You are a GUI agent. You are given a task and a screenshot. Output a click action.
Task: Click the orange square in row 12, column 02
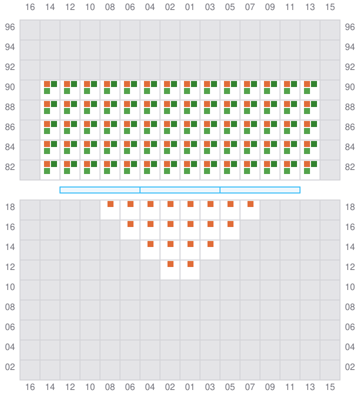[x=170, y=264]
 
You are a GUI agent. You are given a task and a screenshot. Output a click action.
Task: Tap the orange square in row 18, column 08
[x=110, y=204]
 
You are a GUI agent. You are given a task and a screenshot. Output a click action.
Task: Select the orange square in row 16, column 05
[x=230, y=224]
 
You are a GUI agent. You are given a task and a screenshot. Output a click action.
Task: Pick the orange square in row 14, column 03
[x=210, y=244]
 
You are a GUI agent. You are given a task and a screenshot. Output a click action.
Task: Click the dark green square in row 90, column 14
[x=54, y=84]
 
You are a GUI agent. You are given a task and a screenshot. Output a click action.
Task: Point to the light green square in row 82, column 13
[x=307, y=171]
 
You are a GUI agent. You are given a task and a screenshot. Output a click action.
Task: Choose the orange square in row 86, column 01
[x=187, y=124]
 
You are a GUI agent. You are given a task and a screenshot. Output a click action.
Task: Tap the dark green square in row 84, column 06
[x=134, y=144]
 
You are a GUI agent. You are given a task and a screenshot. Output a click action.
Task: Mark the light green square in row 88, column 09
[x=267, y=111]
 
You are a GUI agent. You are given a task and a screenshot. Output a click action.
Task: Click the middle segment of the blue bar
[x=180, y=190]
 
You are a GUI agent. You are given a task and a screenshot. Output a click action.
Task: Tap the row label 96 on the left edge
[x=10, y=27]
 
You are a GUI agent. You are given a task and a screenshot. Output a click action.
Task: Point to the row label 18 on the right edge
[x=350, y=207]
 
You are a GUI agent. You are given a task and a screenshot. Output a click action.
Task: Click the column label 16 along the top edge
[x=30, y=7]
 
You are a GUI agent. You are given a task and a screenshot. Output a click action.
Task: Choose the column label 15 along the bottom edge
[x=330, y=387]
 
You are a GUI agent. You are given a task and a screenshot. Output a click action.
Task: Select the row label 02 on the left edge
[x=10, y=367]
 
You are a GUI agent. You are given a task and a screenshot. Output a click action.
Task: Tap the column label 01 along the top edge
[x=190, y=7]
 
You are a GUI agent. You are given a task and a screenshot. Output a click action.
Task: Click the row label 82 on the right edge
[x=350, y=167]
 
